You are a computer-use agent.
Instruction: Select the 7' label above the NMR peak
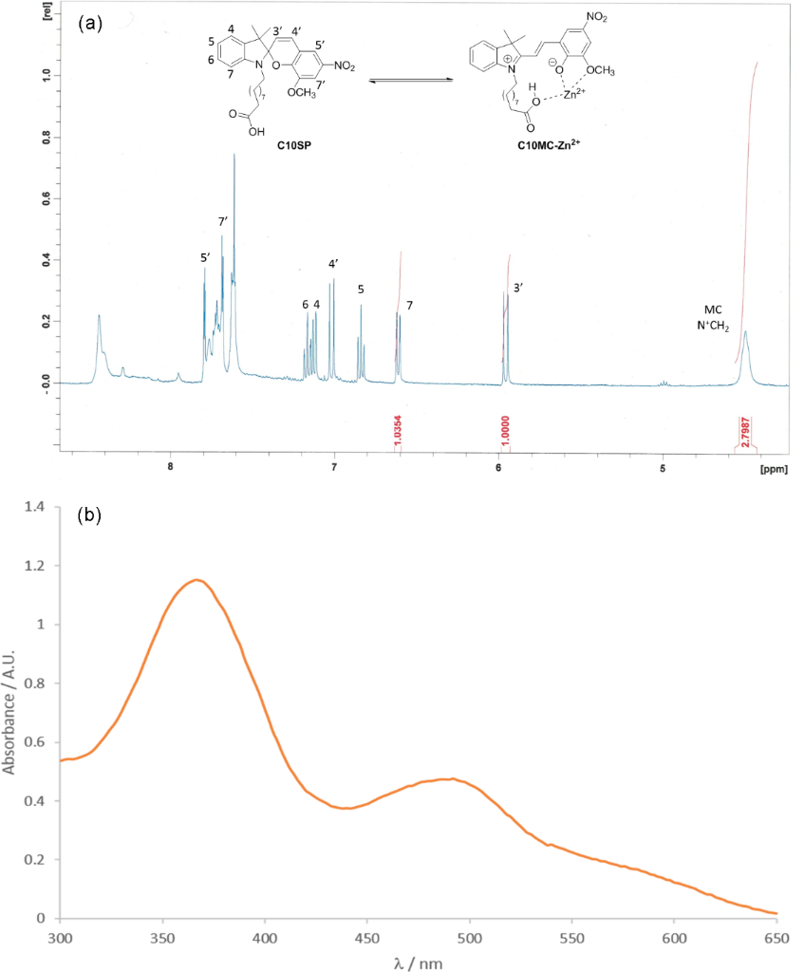(x=223, y=222)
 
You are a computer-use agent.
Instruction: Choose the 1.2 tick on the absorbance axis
(x=37, y=566)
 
